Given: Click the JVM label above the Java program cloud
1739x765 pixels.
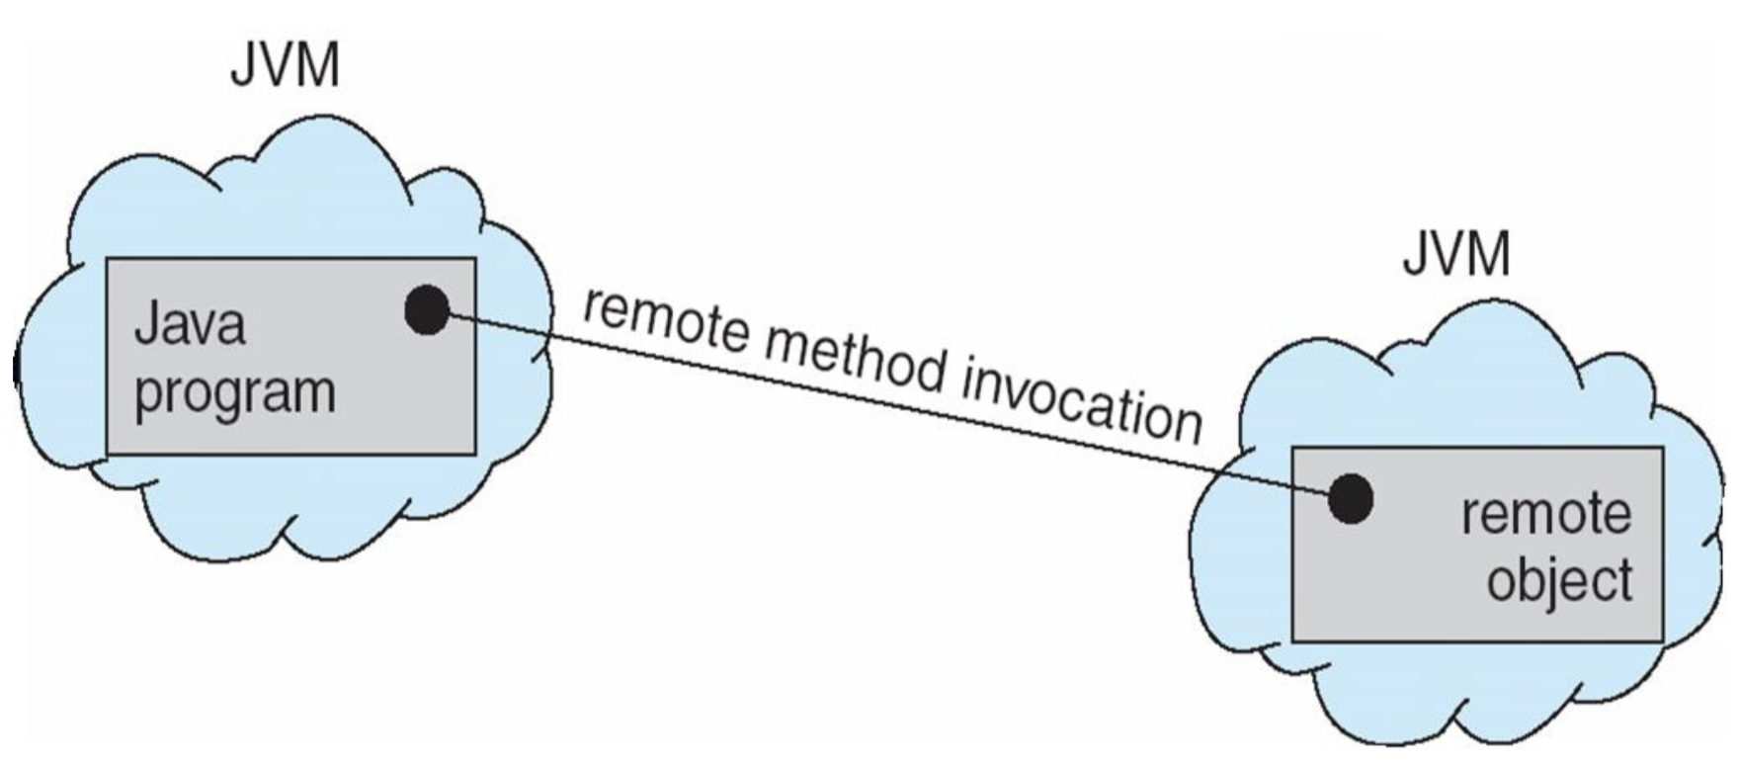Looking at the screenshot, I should click(285, 66).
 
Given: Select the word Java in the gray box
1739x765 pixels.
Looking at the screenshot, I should click(189, 324).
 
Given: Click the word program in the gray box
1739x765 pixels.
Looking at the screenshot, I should click(234, 392).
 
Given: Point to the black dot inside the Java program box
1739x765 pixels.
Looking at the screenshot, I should click(427, 310).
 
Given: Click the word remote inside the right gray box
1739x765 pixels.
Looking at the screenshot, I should click(1545, 514).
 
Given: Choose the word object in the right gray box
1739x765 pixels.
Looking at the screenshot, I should click(1559, 580).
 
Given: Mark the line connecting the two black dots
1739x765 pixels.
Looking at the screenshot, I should click(889, 404).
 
